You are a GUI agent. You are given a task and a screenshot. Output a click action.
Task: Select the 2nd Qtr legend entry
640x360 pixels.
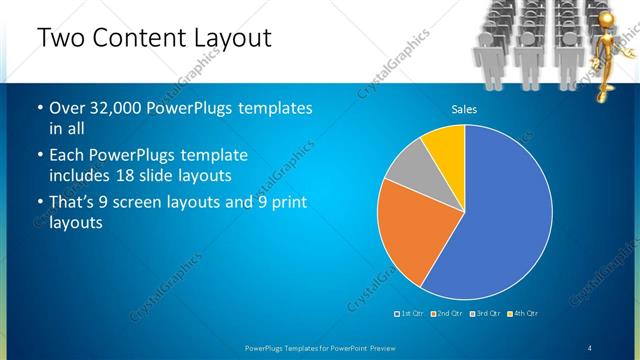(446, 314)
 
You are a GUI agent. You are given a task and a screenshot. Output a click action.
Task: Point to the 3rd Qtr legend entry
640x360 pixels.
(484, 314)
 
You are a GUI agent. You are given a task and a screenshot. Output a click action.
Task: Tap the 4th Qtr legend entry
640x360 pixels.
(523, 314)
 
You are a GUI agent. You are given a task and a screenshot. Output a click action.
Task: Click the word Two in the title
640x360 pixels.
(62, 38)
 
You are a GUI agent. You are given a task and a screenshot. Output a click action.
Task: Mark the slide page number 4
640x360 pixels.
(590, 347)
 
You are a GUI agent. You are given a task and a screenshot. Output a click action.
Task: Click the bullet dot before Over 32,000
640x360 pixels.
(39, 108)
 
